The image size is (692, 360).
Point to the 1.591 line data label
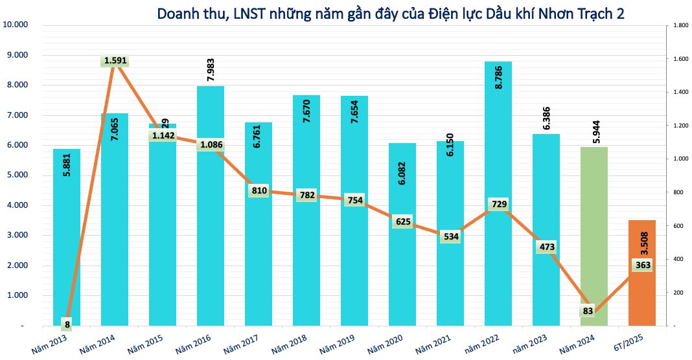[115, 61]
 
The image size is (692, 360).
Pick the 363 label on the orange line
[642, 265]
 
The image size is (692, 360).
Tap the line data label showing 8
[67, 324]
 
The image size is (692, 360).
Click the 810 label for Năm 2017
[259, 190]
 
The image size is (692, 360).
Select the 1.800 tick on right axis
[678, 25]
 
